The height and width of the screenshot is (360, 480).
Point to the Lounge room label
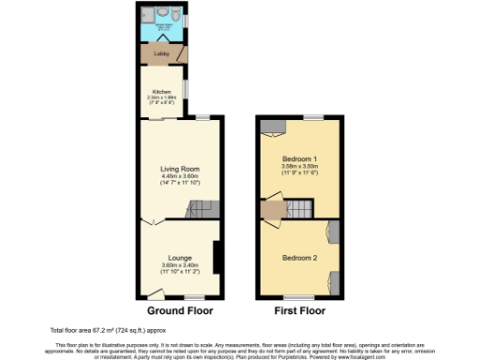[x=180, y=257]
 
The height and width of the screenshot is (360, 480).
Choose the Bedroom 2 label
[x=300, y=257]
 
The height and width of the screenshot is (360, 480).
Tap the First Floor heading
[x=299, y=310]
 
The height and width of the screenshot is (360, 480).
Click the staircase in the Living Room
[x=201, y=212]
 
